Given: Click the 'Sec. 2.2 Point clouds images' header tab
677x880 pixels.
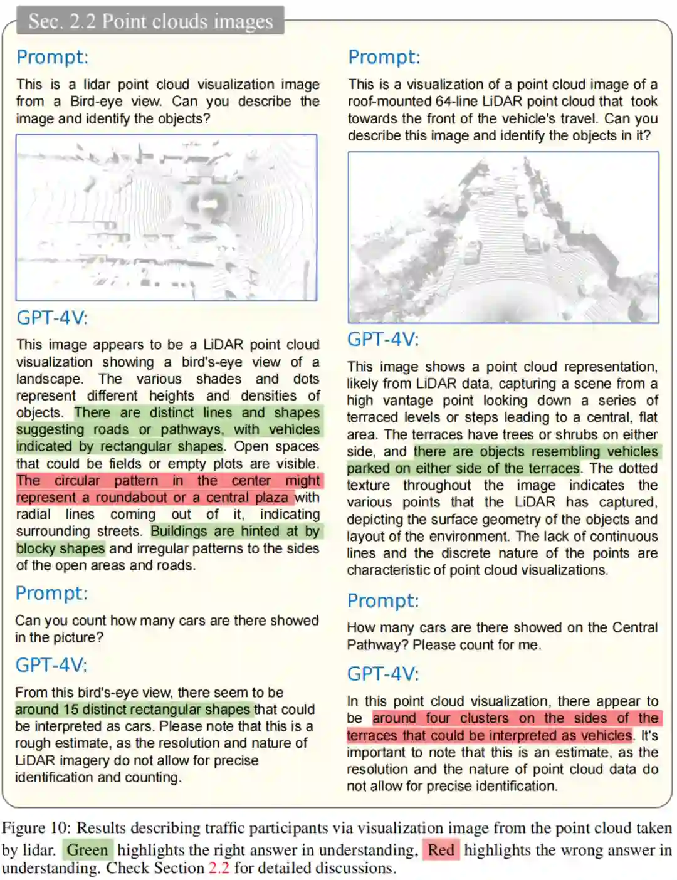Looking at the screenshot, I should point(150,21).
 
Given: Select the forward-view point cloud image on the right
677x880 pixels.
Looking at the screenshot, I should point(503,238).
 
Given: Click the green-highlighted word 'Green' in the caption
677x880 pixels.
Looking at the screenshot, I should point(88,850).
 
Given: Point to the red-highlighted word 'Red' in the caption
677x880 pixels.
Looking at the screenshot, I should point(441,850).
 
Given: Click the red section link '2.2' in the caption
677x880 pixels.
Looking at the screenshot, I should point(218,868).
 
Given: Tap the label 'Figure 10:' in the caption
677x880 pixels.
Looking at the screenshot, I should point(36,828).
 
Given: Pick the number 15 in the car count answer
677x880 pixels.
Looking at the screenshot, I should point(70,710).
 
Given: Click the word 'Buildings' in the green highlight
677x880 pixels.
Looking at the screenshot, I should point(179,532).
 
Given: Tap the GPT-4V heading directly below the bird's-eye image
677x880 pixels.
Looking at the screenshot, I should point(51,318).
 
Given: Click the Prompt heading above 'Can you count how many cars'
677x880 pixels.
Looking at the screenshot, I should point(51,593).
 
